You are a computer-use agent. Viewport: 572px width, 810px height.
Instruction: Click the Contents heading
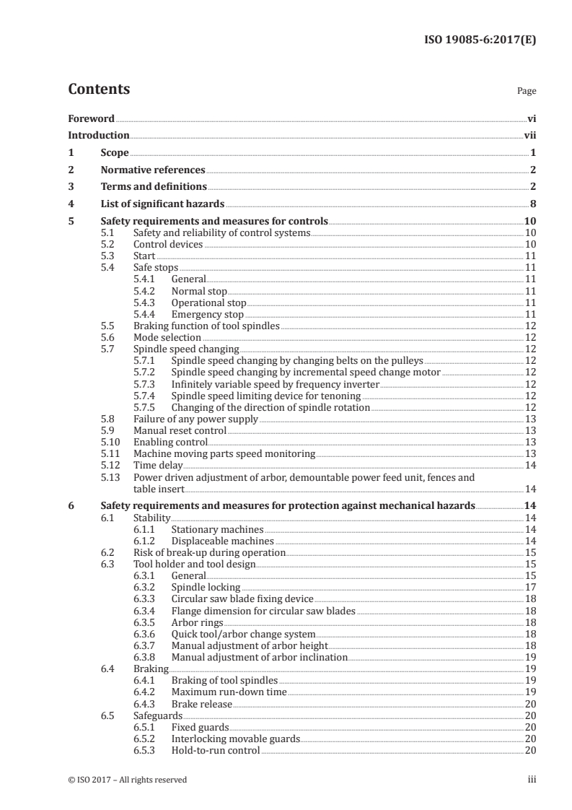coord(99,90)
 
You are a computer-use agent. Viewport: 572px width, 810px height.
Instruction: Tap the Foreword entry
coord(91,118)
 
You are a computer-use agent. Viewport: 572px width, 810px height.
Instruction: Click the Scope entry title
coord(115,153)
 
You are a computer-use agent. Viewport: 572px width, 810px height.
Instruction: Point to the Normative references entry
coord(153,170)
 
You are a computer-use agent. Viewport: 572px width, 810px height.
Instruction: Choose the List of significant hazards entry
coord(162,204)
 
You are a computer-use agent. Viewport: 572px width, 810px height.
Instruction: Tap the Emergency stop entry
coord(208,315)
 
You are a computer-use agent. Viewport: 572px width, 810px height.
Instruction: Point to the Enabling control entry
coord(170,442)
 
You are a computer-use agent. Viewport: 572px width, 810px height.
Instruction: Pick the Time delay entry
coord(158,466)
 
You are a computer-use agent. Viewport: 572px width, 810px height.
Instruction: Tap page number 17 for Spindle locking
coord(529,587)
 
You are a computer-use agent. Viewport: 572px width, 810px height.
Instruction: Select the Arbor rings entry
coord(197,622)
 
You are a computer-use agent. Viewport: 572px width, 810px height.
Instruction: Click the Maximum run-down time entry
coord(229,692)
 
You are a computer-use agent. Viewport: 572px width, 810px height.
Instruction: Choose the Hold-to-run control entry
coord(215,751)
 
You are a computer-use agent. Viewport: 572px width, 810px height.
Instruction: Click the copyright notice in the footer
coord(128,780)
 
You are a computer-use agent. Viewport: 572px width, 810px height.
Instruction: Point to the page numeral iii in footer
coord(532,780)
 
